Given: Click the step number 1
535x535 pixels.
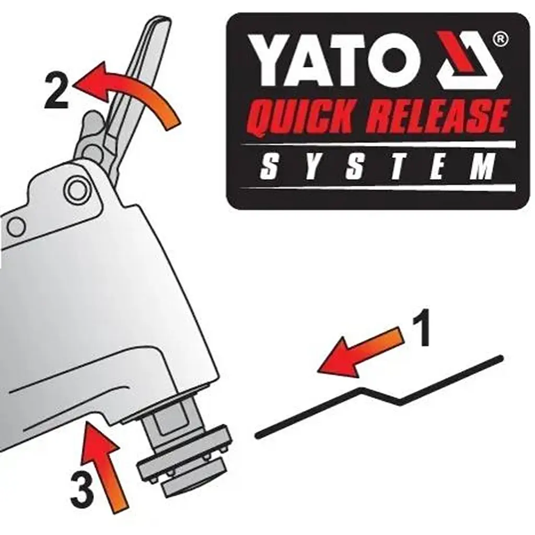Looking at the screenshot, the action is (x=421, y=328).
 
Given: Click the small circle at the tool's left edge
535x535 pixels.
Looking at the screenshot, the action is (x=16, y=227).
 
